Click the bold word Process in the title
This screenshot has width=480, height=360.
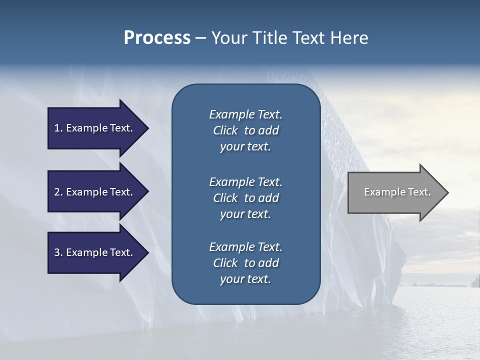click(157, 38)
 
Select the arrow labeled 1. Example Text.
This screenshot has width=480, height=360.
click(95, 128)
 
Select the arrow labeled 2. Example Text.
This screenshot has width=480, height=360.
click(95, 192)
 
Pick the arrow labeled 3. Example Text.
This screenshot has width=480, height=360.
click(95, 252)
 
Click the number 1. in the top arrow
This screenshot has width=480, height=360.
click(58, 128)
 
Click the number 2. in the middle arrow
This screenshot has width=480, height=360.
click(58, 192)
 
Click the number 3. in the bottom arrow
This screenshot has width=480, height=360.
click(58, 252)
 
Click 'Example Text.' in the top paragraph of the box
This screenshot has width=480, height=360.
click(245, 114)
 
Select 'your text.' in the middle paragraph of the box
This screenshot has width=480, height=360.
click(245, 214)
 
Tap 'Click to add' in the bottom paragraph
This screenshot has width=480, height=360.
click(245, 263)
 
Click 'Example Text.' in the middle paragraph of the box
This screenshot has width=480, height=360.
click(245, 181)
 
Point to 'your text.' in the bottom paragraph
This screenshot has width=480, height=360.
click(245, 279)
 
